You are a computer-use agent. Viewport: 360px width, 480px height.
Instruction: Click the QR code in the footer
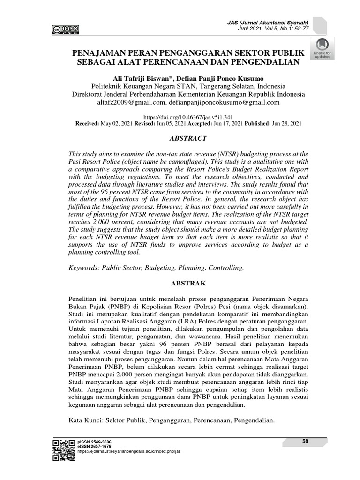tap(64, 450)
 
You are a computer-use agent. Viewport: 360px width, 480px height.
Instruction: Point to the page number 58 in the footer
tap(305, 442)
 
